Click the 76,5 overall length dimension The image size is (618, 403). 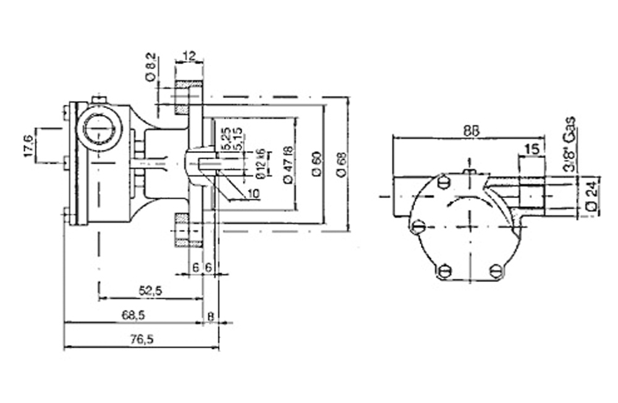142,339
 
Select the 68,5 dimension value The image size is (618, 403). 133,315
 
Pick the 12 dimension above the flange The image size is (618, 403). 190,56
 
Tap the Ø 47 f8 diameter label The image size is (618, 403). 287,165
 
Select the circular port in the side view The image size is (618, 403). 99,131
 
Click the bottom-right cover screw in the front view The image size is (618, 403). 495,270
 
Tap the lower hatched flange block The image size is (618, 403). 181,228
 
